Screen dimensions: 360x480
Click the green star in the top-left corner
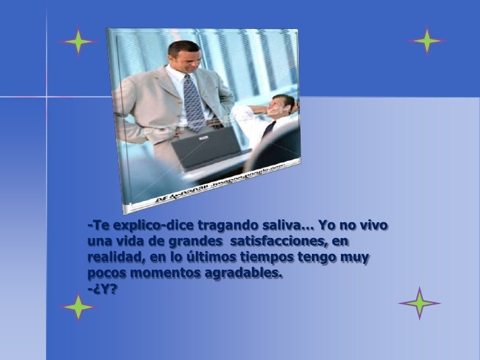(78, 43)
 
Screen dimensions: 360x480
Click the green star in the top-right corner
(427, 41)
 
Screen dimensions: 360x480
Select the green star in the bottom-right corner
(419, 303)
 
